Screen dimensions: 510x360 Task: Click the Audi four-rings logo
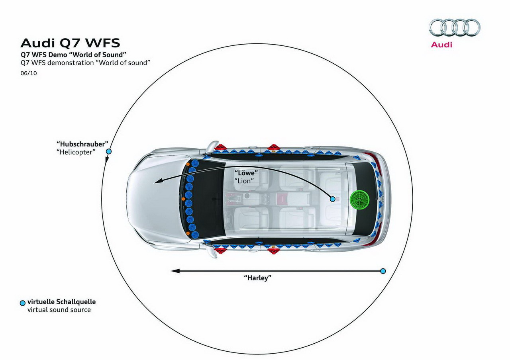tap(455, 27)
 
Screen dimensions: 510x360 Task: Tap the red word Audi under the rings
tap(441, 45)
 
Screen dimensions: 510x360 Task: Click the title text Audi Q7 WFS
tap(70, 43)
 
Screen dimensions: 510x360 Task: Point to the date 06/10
tap(29, 73)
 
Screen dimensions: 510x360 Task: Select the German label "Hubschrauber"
tap(82, 144)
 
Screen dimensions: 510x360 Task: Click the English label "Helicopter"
tap(76, 152)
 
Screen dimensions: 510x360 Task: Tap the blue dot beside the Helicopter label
tap(109, 152)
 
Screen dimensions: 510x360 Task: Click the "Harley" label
tap(258, 278)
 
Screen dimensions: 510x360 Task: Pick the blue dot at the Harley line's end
tap(383, 271)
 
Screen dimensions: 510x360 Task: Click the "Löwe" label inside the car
tap(246, 173)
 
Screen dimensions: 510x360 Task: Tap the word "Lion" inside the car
tap(244, 181)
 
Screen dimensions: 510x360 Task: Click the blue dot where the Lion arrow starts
tap(333, 199)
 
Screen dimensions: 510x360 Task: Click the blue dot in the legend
tap(23, 303)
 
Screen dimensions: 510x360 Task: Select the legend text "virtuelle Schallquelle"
tap(61, 302)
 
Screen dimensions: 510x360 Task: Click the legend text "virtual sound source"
tap(59, 310)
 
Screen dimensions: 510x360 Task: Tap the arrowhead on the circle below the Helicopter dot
tap(106, 160)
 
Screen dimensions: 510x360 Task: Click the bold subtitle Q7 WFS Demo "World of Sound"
tap(73, 55)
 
